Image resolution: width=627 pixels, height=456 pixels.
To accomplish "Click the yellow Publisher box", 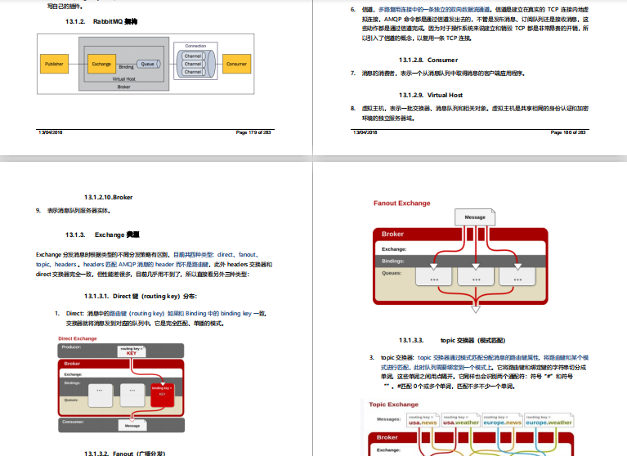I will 54,64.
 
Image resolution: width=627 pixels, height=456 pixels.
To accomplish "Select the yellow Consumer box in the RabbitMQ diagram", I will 236,64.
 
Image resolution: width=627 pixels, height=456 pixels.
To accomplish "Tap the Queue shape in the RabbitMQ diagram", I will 148,63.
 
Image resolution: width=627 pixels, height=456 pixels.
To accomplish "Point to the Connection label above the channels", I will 195,46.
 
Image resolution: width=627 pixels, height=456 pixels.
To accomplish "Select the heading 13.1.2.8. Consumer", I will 428,60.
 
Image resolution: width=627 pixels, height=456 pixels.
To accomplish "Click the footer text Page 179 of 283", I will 253,132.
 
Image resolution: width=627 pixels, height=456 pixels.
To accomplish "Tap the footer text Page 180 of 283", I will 568,132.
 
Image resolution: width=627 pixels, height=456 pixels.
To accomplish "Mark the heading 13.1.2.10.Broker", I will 108,197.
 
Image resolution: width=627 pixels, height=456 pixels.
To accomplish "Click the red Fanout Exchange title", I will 401,203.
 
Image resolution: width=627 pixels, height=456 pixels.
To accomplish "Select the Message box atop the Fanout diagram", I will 475,217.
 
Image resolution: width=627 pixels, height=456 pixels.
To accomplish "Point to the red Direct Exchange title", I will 78,338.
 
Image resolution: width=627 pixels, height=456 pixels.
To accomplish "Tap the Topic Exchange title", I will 393,405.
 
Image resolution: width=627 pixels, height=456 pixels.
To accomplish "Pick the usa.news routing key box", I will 423,420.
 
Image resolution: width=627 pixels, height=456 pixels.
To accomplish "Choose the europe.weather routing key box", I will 549,420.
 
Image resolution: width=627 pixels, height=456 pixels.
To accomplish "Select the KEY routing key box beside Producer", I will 131,351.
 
